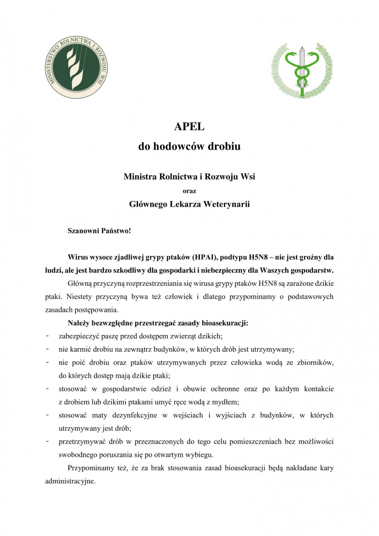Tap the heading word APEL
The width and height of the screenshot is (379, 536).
(189, 127)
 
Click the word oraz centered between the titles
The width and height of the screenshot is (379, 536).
(189, 191)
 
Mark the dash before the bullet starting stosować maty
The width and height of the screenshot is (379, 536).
(47, 415)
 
